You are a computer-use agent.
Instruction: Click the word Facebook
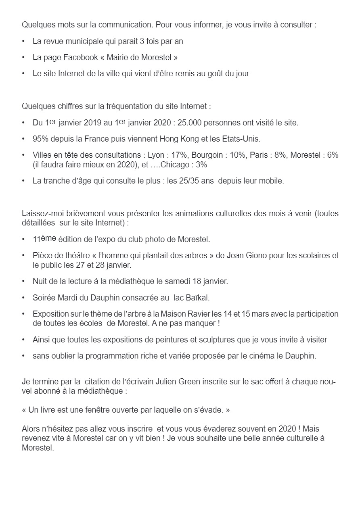coord(81,58)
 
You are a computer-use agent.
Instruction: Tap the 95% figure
coord(40,139)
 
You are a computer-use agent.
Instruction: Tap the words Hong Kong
coord(177,139)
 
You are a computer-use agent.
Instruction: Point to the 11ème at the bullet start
coord(44,239)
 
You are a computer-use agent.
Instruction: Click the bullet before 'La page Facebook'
coord(24,58)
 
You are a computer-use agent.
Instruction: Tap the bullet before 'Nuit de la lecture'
coord(24,281)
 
